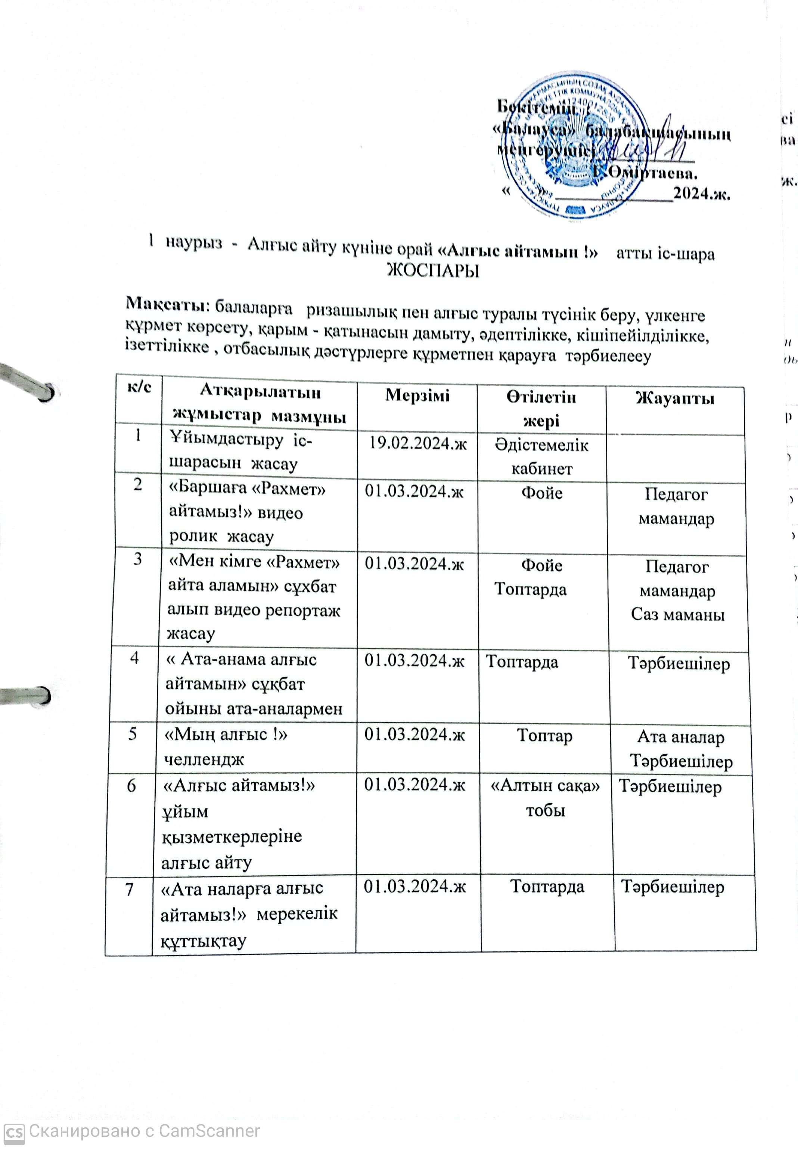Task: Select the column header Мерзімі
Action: [417, 395]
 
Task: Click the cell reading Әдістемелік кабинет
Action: [541, 456]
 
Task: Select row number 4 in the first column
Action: [134, 658]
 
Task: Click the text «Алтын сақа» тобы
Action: [545, 798]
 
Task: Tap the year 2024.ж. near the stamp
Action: [702, 193]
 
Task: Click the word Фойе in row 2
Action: [541, 493]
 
